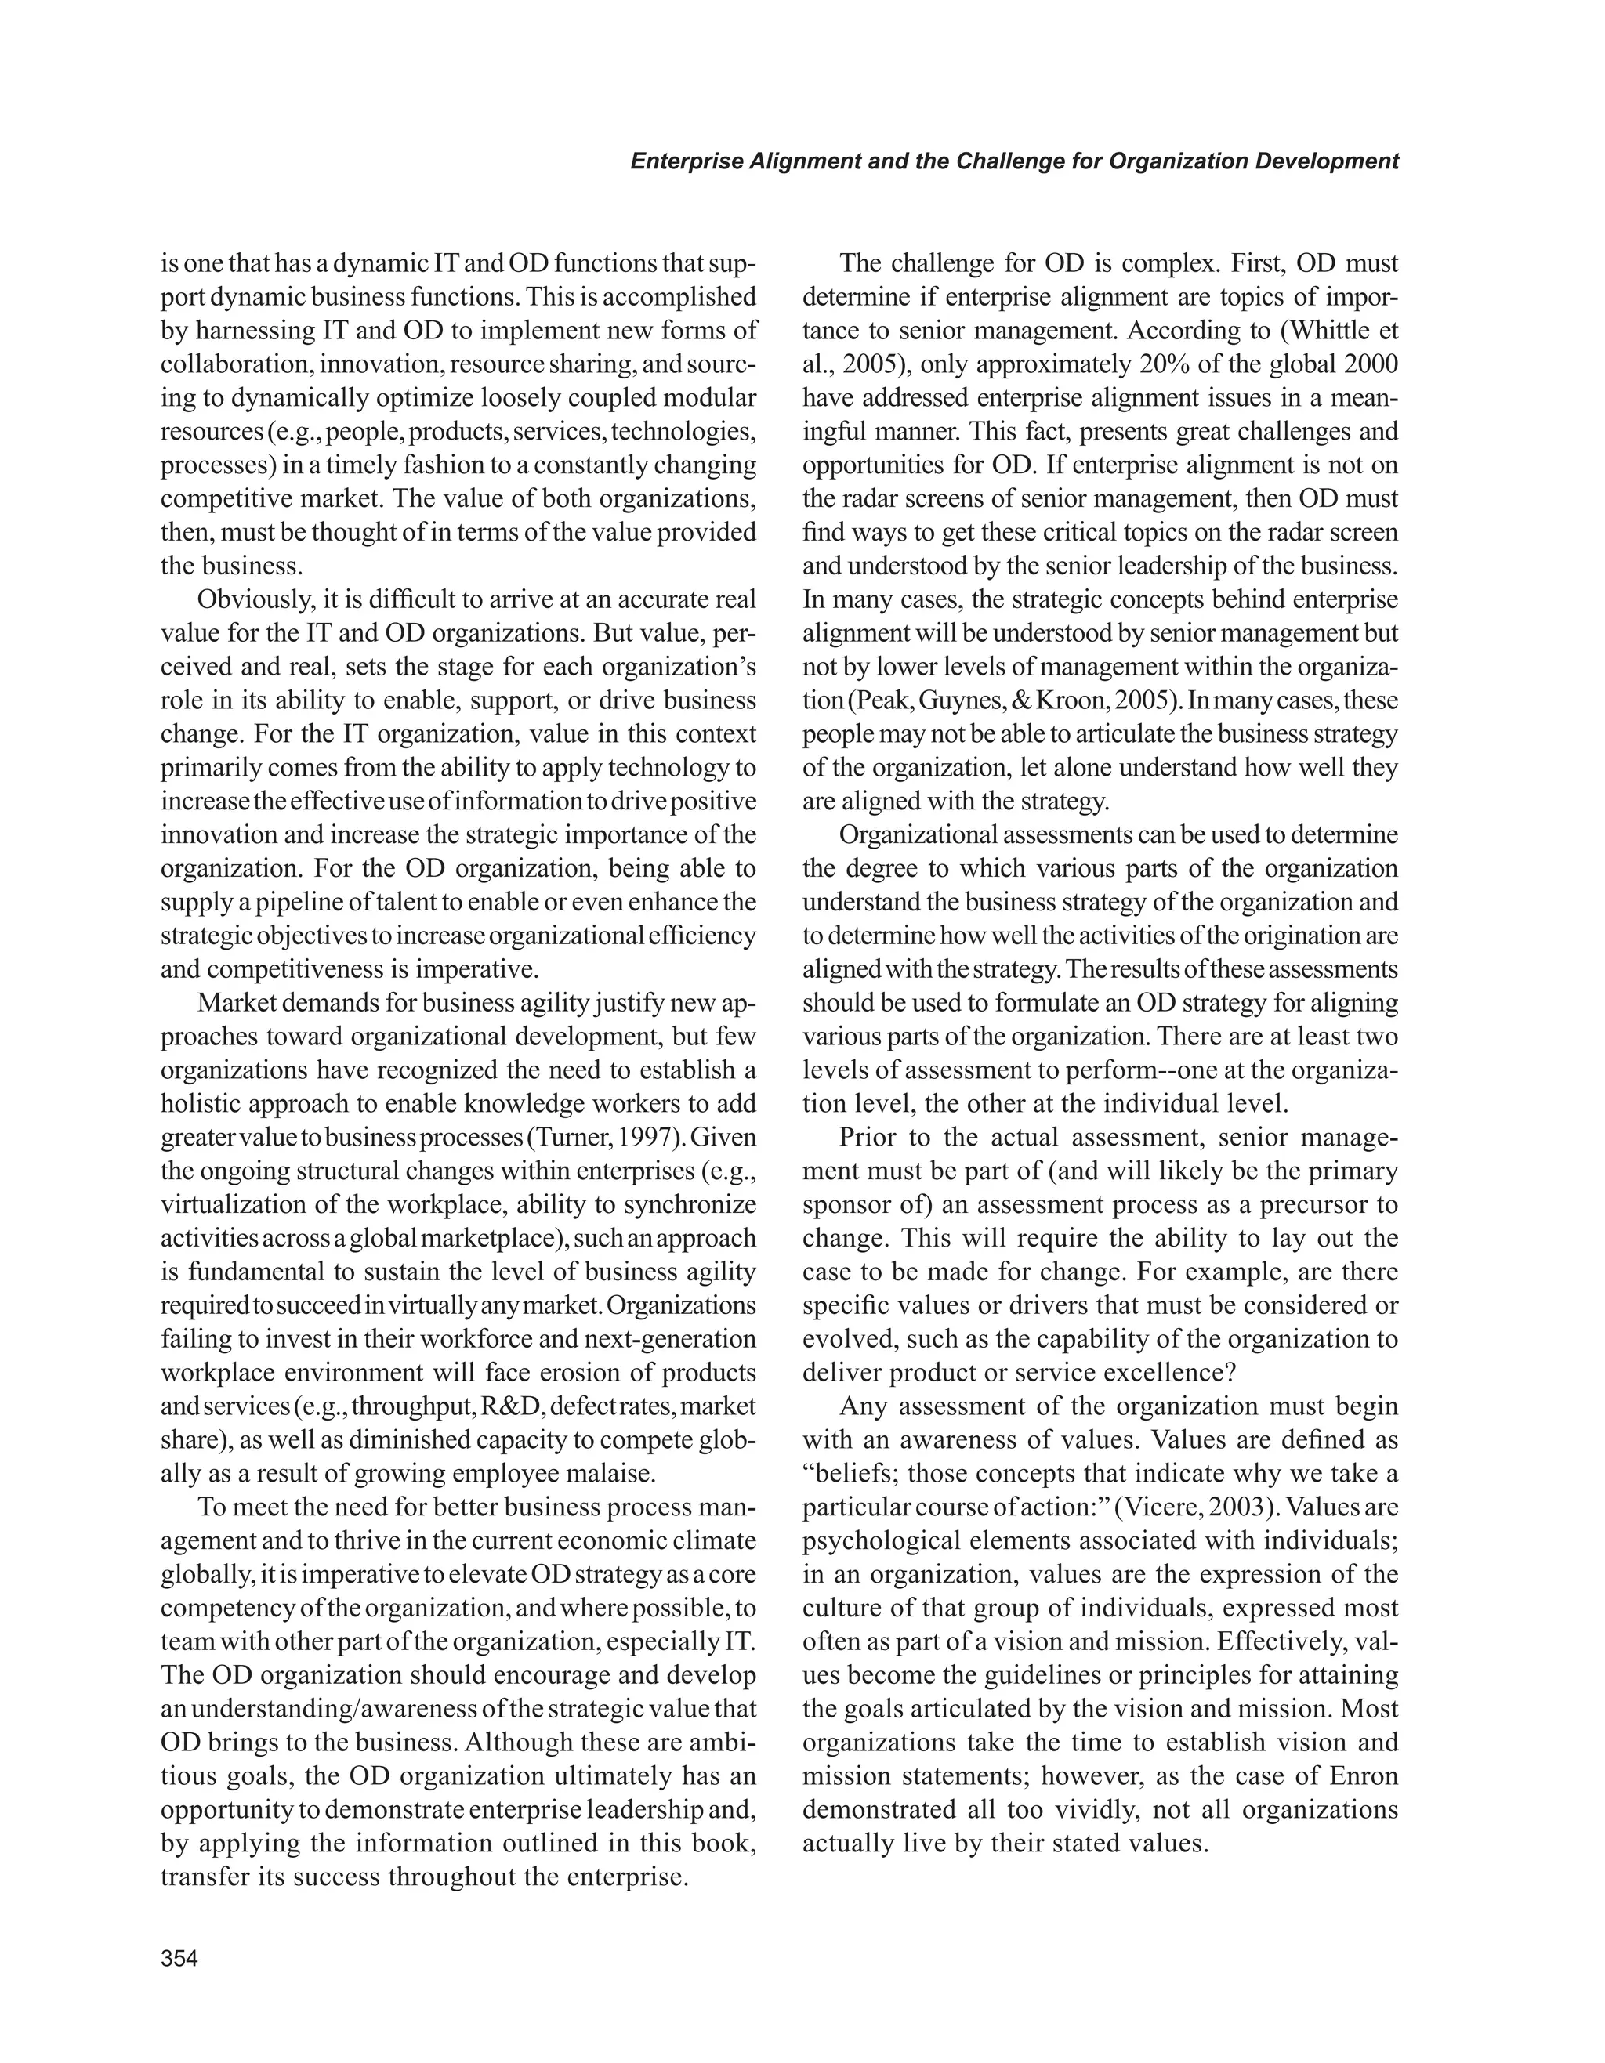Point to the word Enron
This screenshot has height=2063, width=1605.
(1363, 1777)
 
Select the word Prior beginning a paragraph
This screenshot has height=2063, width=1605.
(869, 1138)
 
